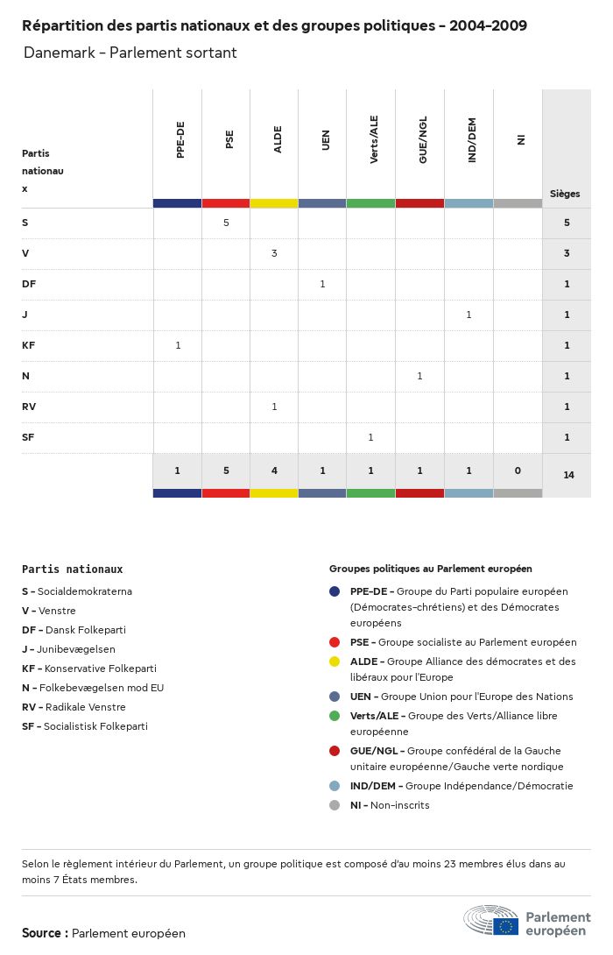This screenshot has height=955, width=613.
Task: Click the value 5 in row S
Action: (x=226, y=223)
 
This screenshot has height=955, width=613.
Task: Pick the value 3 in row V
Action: (x=274, y=253)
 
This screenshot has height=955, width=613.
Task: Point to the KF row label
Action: (x=28, y=345)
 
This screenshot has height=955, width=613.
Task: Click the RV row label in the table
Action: (x=29, y=407)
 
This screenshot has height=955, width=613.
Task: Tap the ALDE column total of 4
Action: (x=274, y=470)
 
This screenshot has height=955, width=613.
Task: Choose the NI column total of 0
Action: (x=518, y=470)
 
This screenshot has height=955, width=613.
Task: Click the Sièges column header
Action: (x=565, y=194)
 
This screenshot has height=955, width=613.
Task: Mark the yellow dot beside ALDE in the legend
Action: (x=335, y=661)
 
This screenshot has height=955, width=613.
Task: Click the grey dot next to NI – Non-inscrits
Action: (x=335, y=805)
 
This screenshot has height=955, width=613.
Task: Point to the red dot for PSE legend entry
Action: (x=335, y=642)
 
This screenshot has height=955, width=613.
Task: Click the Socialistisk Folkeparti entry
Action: (x=85, y=726)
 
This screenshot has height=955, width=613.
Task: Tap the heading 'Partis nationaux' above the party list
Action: (x=73, y=569)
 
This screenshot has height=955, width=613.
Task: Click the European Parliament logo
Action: (x=526, y=922)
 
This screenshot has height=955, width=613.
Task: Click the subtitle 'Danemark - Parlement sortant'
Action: (x=130, y=53)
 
